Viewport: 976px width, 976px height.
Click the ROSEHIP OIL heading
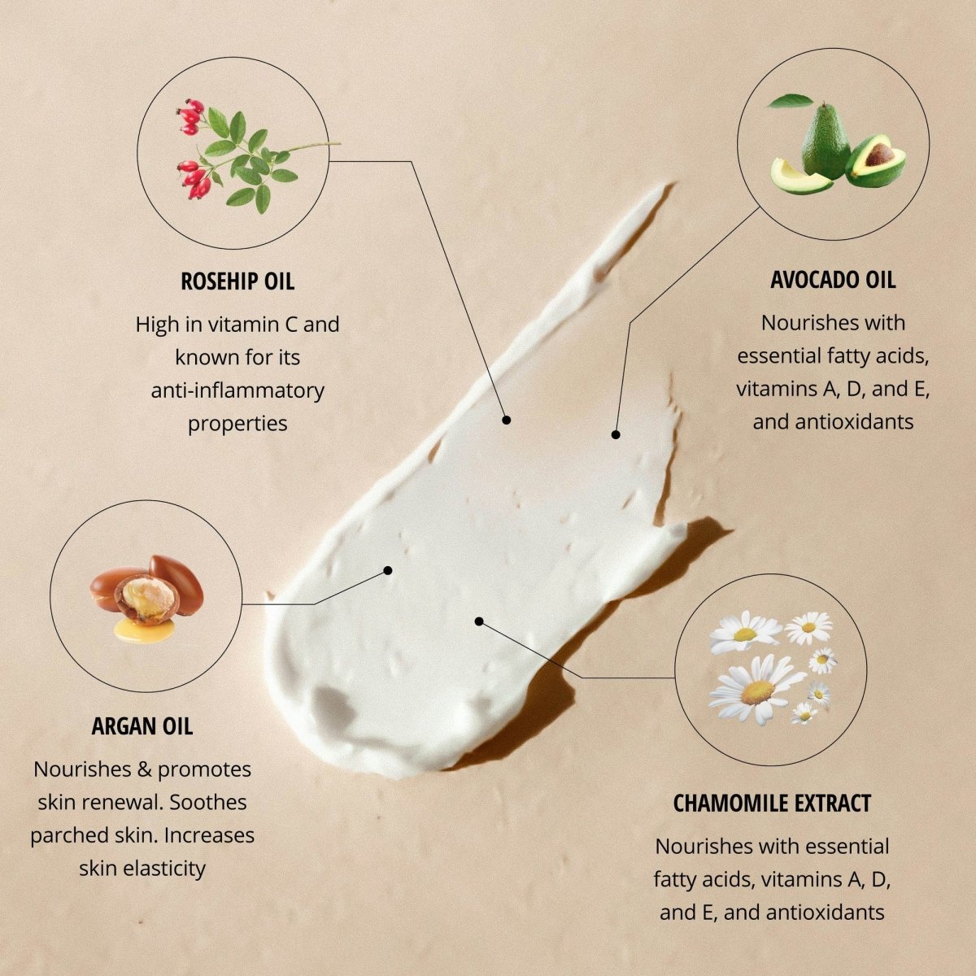point(237,281)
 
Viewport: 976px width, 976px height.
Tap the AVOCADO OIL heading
point(833,280)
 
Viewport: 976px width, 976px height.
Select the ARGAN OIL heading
point(142,726)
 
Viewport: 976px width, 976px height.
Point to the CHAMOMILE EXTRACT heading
point(772,803)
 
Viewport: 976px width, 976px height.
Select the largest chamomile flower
point(755,690)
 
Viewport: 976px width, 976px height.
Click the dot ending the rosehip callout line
point(506,420)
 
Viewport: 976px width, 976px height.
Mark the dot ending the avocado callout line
point(616,434)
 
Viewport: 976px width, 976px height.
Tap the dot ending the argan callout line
point(388,571)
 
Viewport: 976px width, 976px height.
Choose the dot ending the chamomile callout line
point(479,621)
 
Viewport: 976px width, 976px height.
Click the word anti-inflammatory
point(237,391)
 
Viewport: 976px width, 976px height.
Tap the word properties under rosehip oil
point(237,424)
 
